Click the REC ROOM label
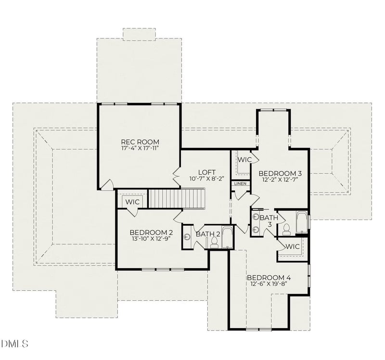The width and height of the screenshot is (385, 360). coord(140,141)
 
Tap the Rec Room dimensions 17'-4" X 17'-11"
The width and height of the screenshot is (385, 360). coord(140,149)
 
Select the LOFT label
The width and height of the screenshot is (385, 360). coord(206,172)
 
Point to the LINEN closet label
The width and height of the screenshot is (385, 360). coord(240,184)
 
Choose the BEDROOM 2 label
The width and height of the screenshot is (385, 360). coord(151,231)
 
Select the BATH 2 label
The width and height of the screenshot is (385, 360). coord(208,234)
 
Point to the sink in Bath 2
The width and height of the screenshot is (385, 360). coord(187,236)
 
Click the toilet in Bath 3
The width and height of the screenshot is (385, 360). coord(286,229)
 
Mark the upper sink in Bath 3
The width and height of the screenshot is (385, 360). coord(256,217)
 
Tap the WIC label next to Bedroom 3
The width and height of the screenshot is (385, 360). coord(244,159)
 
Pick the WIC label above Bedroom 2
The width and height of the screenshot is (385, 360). coord(133,202)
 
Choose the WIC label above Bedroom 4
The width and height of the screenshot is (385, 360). coord(293,246)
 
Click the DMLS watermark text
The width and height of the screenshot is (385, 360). coord(15,344)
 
